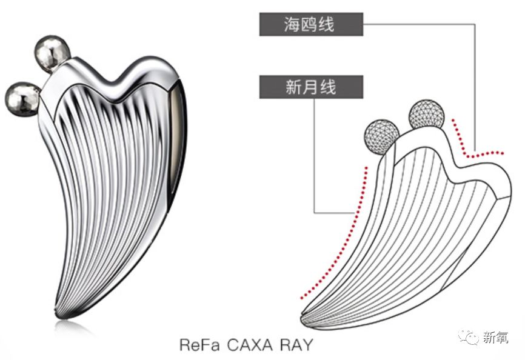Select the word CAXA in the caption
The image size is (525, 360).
coord(249,345)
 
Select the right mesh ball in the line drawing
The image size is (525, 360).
coord(426,115)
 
